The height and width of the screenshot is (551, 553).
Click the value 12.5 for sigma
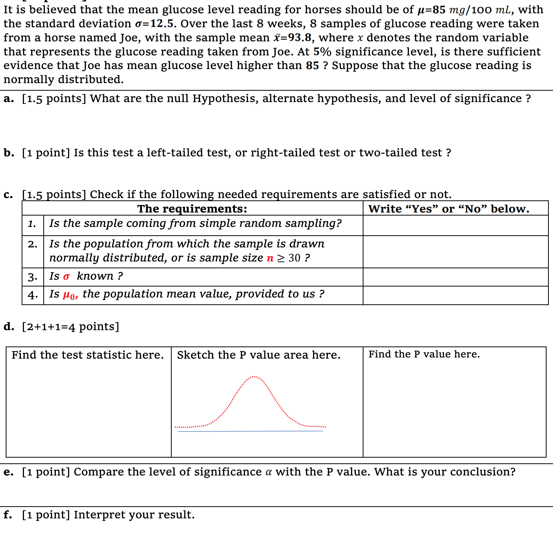pos(162,24)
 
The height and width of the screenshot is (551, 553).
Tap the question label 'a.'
pos(9,99)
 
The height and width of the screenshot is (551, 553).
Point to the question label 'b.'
pos(9,153)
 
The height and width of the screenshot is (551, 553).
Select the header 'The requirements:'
pos(192,209)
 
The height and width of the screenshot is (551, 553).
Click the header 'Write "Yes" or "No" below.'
pos(449,209)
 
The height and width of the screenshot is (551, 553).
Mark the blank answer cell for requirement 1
pos(455,225)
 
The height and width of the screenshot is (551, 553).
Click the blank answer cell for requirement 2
pos(455,252)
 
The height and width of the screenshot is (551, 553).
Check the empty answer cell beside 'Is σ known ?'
pos(455,277)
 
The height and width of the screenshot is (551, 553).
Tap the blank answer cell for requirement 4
pos(455,295)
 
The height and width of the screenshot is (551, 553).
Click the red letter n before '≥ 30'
pos(270,258)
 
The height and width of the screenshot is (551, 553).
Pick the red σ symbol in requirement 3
pos(66,277)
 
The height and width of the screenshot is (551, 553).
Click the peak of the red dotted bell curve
pos(254,377)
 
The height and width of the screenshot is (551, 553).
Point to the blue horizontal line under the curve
pos(250,431)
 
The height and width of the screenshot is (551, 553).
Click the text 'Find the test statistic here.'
pos(88,355)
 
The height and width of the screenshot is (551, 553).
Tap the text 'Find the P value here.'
pos(424,354)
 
